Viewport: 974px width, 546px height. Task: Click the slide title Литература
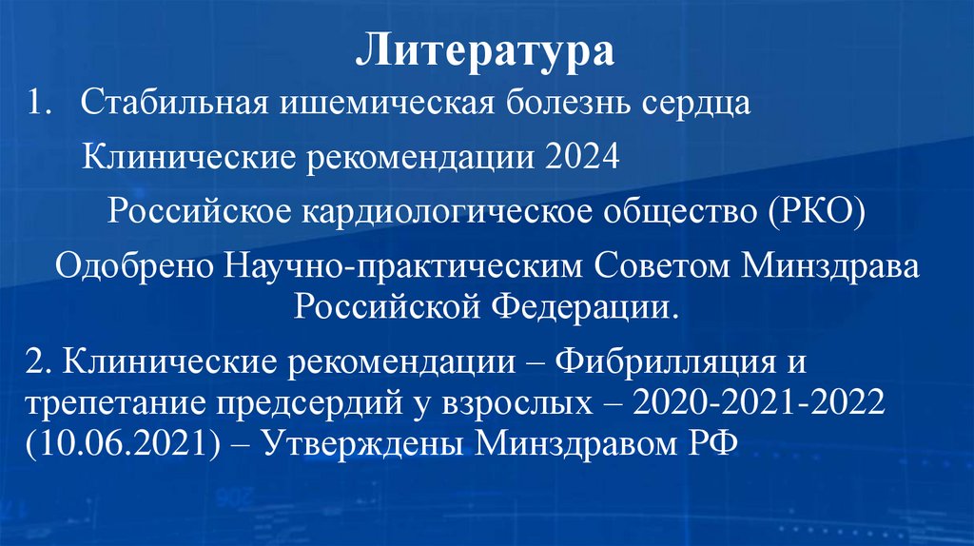coord(485,49)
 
